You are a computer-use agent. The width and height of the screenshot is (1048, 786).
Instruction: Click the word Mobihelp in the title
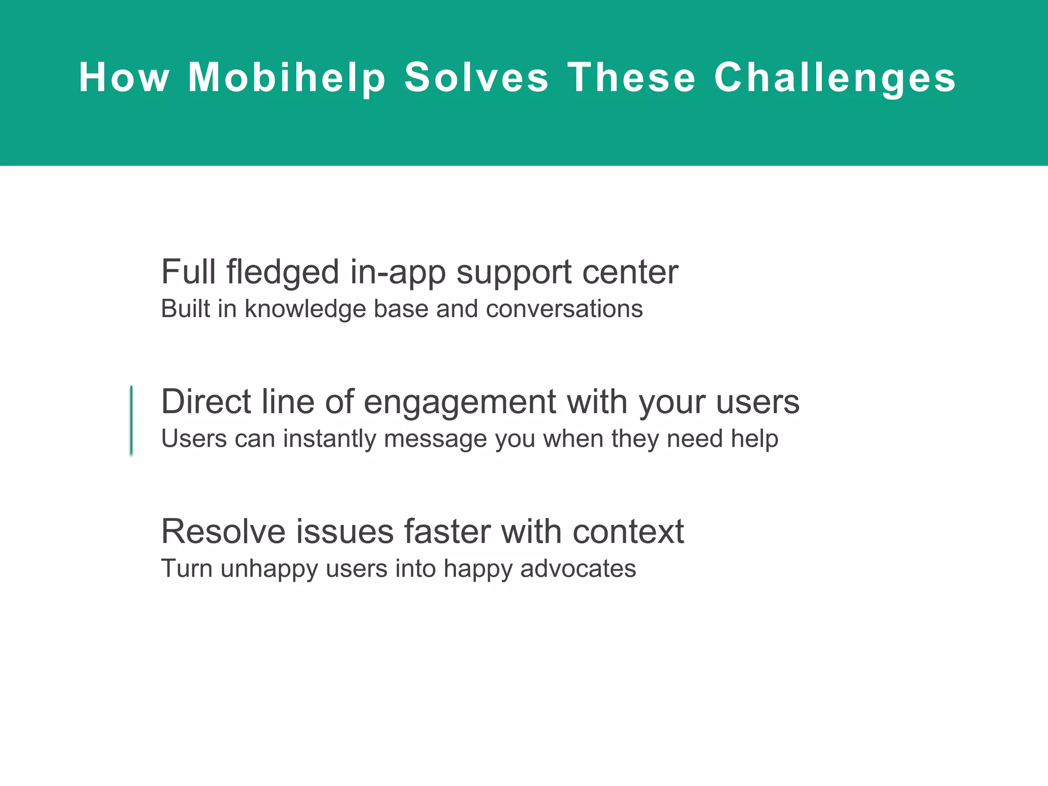click(x=287, y=78)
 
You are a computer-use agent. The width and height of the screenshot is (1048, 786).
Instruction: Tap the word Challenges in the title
click(x=835, y=78)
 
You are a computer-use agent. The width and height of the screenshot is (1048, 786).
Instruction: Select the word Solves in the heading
click(x=476, y=78)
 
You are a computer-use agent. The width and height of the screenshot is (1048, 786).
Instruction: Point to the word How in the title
click(x=124, y=78)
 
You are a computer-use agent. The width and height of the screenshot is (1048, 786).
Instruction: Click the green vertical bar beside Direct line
click(x=132, y=420)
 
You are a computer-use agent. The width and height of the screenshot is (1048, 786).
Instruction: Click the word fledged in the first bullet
click(x=282, y=272)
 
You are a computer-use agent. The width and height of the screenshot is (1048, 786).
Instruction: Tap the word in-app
click(x=398, y=272)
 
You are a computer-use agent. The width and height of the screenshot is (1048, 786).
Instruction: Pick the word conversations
click(x=564, y=309)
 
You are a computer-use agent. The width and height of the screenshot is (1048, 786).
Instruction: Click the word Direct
click(x=206, y=401)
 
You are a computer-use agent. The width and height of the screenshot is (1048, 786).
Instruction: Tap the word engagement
click(x=460, y=402)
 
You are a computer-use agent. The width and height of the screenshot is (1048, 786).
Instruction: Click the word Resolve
click(x=223, y=531)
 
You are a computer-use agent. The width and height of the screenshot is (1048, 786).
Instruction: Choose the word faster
click(x=447, y=531)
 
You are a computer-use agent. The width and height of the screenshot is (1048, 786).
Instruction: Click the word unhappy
click(x=269, y=569)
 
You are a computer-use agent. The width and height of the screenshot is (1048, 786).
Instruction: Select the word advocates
click(x=578, y=569)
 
